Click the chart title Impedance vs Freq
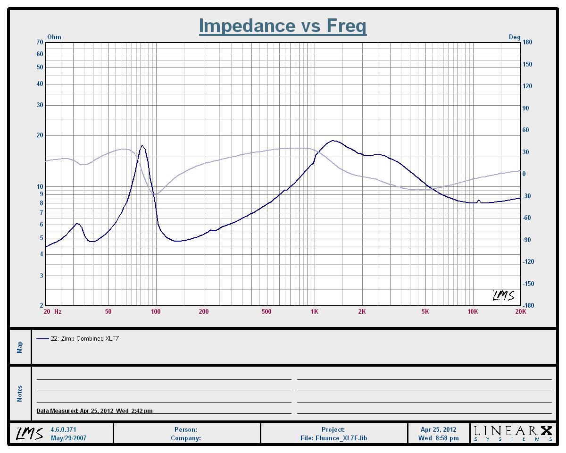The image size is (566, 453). pos(283,26)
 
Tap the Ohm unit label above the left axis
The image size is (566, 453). pos(54,37)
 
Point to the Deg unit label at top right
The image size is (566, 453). pos(515,37)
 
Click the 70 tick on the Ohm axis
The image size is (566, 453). pos(40,42)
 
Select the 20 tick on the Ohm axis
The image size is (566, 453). pos(40,135)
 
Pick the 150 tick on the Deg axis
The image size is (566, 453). pos(527,64)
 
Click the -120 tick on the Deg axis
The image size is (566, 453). pos(528,261)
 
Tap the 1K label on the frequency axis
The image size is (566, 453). pos(314,311)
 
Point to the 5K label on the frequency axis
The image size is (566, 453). pos(425,311)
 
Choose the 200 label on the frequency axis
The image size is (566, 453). pos(204,311)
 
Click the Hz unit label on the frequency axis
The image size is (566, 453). pos(58,311)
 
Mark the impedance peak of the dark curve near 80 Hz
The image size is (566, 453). pos(142,145)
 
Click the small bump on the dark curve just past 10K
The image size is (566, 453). pos(478,200)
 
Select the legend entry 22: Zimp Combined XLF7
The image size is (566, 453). pos(77,338)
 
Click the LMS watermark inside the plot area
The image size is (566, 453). pos(503,295)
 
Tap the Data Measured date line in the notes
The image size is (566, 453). pos(94,411)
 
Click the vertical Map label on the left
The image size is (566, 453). pos(20,347)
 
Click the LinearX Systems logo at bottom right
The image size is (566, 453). pos(513,434)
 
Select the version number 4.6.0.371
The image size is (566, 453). pos(63,429)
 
